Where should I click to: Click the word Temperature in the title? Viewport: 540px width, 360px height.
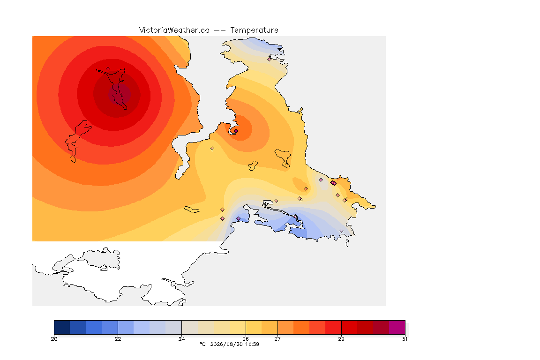254,30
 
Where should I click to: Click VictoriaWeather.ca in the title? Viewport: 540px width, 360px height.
174,30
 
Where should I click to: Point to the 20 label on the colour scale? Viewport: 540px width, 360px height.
54,339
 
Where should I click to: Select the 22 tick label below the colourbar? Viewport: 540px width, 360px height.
118,339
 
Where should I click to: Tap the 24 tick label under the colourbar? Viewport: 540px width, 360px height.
181,339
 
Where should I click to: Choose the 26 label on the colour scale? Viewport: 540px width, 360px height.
246,339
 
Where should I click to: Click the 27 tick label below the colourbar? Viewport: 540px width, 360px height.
277,339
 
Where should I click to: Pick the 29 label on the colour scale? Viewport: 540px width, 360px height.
341,339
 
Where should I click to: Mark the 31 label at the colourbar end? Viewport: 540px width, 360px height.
405,339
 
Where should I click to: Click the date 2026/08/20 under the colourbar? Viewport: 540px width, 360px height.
226,344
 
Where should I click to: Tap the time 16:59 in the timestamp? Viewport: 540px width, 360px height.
252,344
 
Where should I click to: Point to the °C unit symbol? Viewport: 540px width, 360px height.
202,344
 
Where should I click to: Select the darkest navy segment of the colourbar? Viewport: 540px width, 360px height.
62,327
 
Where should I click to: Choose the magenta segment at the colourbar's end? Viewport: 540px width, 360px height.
397,327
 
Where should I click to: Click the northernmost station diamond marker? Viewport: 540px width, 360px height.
270,59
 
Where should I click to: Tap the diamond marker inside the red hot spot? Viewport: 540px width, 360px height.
108,69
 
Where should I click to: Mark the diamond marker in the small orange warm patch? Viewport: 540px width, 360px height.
306,189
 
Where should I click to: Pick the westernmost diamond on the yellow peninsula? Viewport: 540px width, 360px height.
212,149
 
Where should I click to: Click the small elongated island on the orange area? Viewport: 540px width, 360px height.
192,210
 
